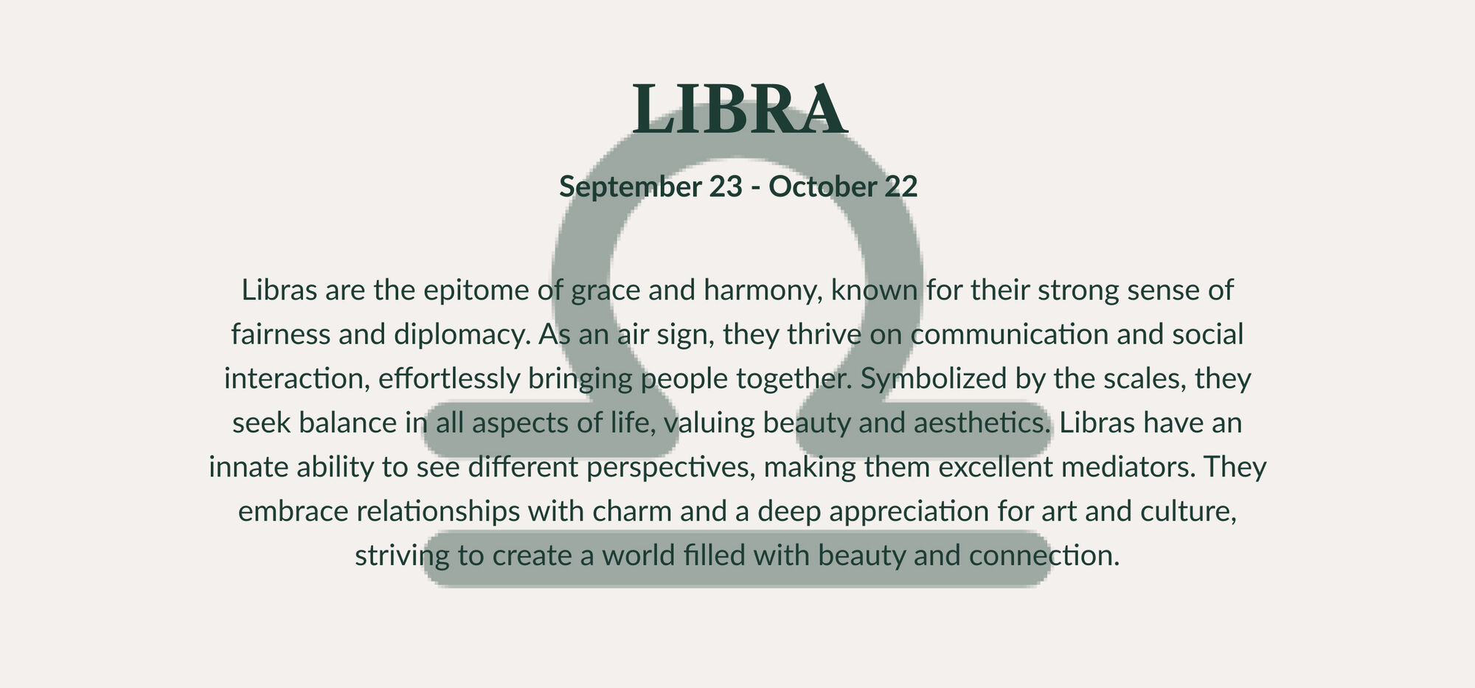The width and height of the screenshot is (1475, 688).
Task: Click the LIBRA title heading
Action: click(x=739, y=109)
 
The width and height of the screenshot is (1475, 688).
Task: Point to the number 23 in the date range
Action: click(x=726, y=187)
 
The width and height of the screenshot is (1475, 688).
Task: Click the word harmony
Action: click(x=763, y=291)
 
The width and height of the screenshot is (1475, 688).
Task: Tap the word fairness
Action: click(x=280, y=334)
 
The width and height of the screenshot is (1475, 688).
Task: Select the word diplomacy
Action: click(x=463, y=336)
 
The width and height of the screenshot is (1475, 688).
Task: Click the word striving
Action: click(x=402, y=557)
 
